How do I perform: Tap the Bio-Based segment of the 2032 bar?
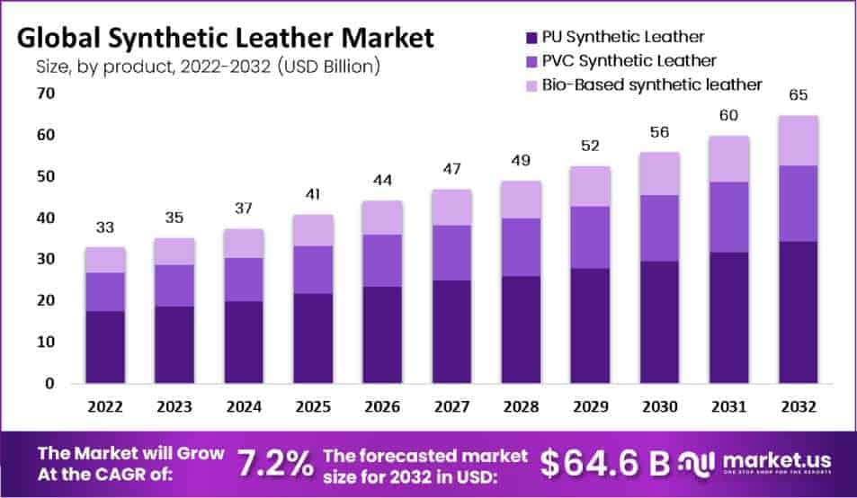click(x=797, y=140)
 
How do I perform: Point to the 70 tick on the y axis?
click(x=46, y=93)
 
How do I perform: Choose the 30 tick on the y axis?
click(x=46, y=259)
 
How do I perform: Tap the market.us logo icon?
click(x=699, y=462)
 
